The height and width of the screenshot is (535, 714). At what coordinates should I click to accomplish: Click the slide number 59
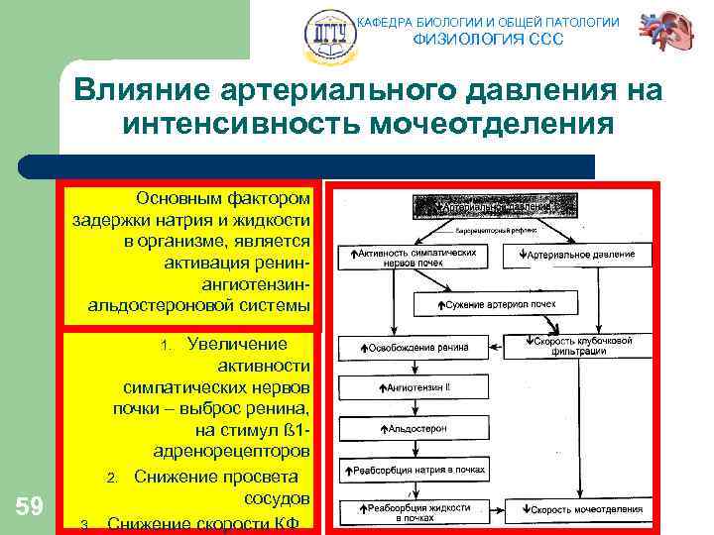tap(30, 507)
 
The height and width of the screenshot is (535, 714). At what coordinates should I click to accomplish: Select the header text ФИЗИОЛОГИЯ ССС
tap(487, 40)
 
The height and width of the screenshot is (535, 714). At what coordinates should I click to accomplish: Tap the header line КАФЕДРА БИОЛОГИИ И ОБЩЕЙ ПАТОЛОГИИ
tap(487, 22)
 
